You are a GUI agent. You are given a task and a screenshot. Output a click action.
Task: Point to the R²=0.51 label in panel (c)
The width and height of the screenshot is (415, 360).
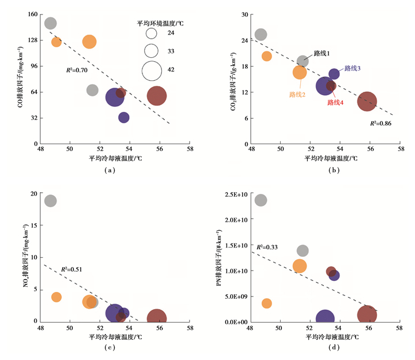pyautogui.click(x=71, y=269)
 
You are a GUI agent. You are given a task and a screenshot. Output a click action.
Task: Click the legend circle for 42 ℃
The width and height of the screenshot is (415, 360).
pyautogui.click(x=152, y=70)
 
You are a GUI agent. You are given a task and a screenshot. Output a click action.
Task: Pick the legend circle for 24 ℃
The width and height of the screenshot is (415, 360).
pyautogui.click(x=152, y=33)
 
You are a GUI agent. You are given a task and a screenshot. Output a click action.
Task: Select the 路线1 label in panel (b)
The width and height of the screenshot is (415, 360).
pyautogui.click(x=322, y=53)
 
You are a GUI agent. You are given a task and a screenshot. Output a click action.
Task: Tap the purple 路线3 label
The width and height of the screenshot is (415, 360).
pyautogui.click(x=352, y=68)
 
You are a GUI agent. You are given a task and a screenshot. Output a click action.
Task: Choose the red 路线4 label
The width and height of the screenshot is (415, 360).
pyautogui.click(x=335, y=103)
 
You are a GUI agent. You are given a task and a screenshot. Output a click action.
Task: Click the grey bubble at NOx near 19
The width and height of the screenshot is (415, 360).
pyautogui.click(x=50, y=201)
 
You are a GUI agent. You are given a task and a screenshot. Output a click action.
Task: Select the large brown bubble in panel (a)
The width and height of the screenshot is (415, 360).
pyautogui.click(x=157, y=96)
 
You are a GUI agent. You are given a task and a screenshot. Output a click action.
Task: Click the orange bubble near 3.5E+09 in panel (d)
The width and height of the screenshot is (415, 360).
pyautogui.click(x=266, y=303)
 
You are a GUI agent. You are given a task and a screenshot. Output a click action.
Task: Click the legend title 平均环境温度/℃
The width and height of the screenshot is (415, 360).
pyautogui.click(x=160, y=24)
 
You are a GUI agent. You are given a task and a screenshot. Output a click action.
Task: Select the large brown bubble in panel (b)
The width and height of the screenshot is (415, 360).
pyautogui.click(x=367, y=102)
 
